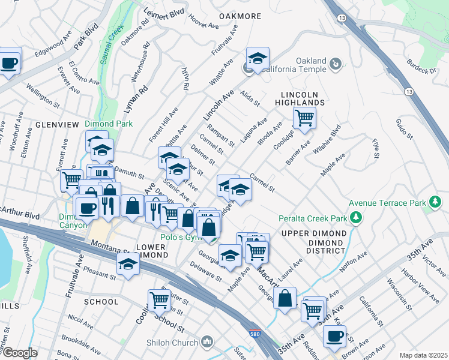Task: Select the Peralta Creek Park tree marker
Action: [357, 217]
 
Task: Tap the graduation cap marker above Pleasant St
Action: [128, 263]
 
